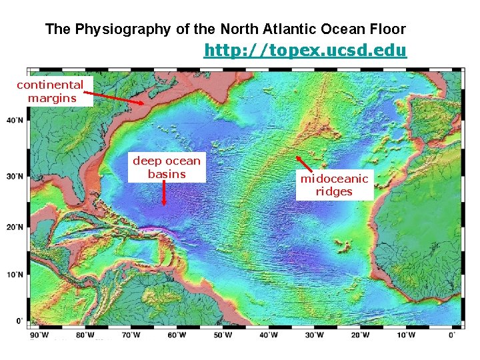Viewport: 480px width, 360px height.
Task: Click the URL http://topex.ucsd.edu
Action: tap(305, 51)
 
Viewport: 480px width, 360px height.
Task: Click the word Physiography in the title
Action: tap(127, 29)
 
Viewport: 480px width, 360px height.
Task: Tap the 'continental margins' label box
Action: tap(51, 92)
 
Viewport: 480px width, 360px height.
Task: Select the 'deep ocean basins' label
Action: tap(166, 167)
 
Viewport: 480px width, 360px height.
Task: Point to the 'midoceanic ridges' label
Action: tap(333, 185)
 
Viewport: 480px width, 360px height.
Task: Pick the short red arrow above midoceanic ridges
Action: tap(304, 164)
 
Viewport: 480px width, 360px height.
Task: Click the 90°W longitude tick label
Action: tap(39, 335)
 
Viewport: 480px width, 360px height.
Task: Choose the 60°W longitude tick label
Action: tap(177, 335)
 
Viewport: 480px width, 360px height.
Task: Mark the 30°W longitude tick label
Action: tap(315, 335)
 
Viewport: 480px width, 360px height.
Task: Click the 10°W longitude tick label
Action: tap(407, 335)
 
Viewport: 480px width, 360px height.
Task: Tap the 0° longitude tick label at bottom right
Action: tap(453, 335)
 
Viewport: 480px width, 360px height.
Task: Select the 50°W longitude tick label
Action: tap(223, 335)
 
